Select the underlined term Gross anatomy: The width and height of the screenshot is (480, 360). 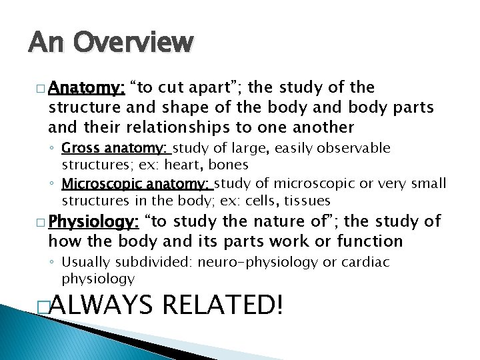pyautogui.click(x=117, y=148)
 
